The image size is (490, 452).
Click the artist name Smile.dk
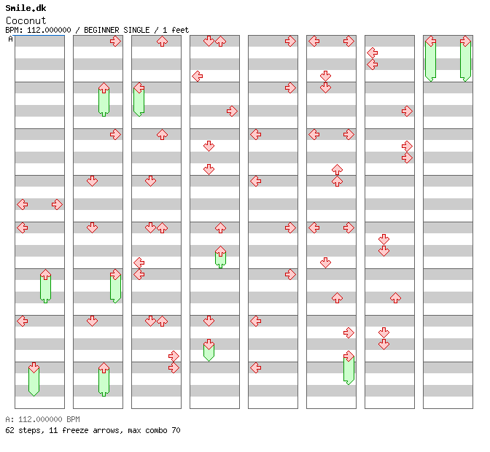coord(26,8)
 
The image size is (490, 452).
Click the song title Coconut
coord(26,20)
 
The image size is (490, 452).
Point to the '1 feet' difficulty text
coord(176,30)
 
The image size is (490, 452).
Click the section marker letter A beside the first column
coord(11,39)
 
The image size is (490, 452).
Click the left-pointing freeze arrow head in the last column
coord(431,42)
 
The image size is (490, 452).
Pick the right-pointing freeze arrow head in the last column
coord(466,42)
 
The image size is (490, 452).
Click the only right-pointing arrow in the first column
coord(57,205)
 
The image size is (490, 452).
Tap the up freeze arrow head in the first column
coord(46,275)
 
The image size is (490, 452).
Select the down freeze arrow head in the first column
coord(34,367)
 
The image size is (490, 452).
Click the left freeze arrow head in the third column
coord(139,87)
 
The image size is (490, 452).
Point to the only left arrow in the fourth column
coord(198,76)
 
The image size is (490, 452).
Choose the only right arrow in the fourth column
coord(232,112)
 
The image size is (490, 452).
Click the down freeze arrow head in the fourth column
coord(209,345)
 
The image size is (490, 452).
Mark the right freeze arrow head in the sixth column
coord(349,356)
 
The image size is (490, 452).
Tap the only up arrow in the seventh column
coord(396,298)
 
